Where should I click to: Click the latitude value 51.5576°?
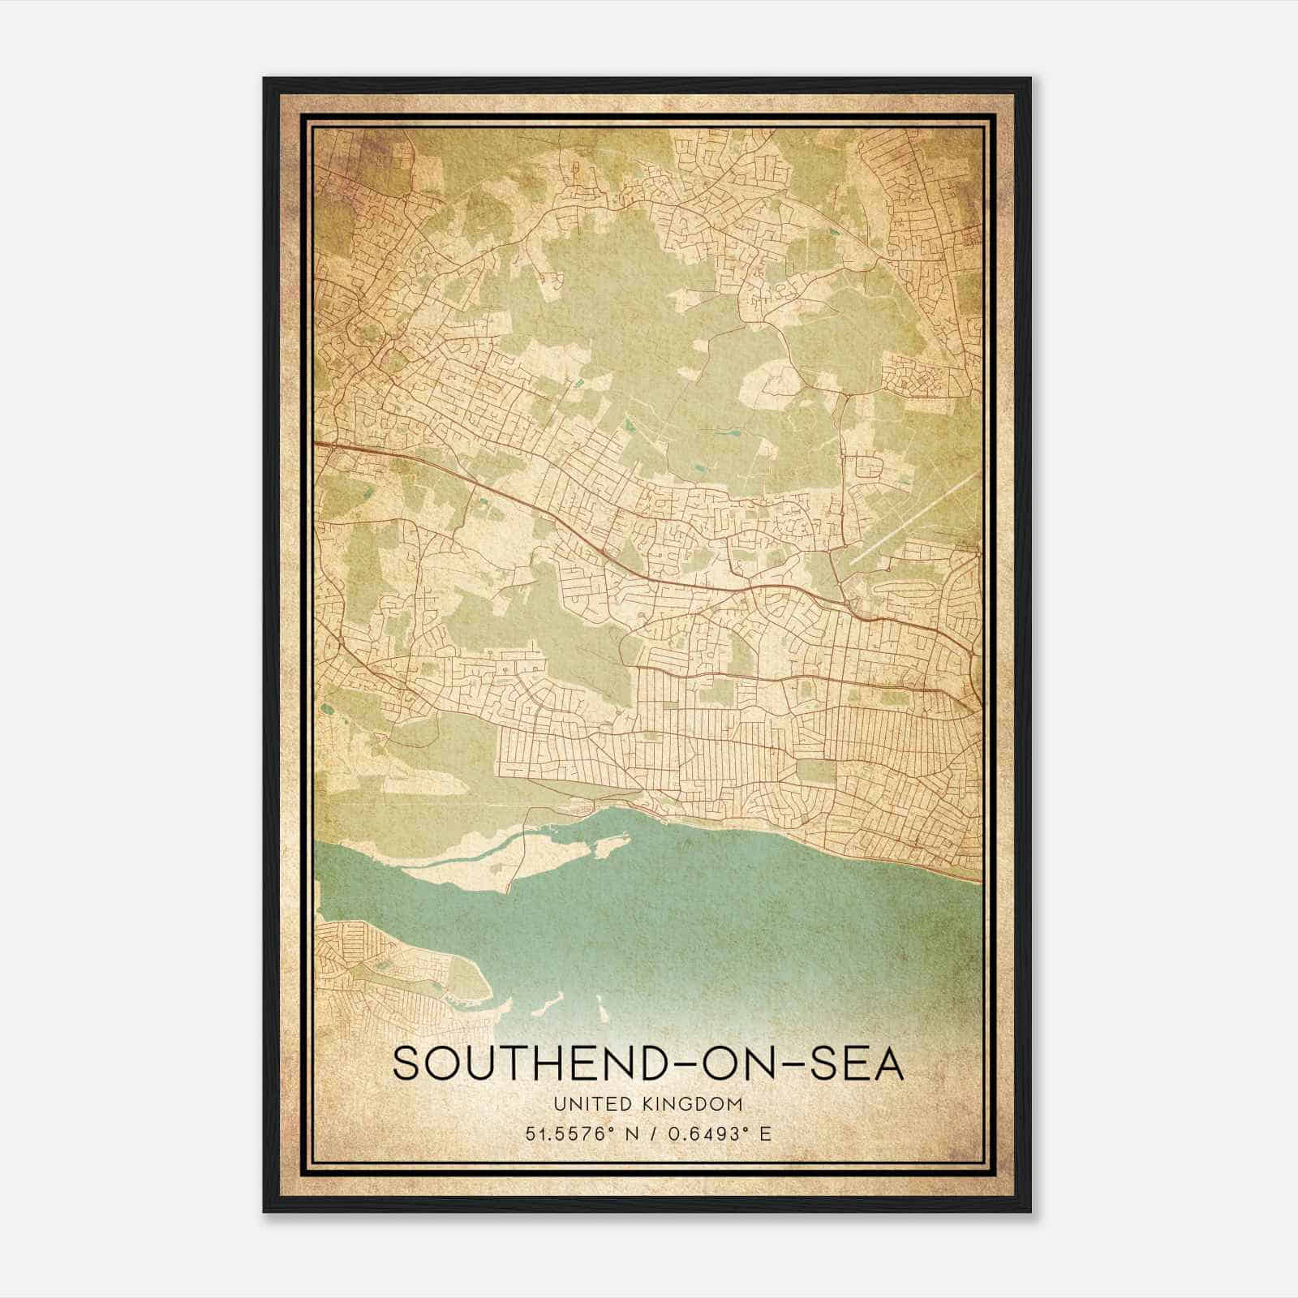click(x=565, y=1133)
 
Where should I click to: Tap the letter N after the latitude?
click(x=625, y=1133)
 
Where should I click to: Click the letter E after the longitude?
click(x=766, y=1133)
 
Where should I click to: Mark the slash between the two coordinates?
click(x=650, y=1133)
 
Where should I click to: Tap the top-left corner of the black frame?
click(x=265, y=80)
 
